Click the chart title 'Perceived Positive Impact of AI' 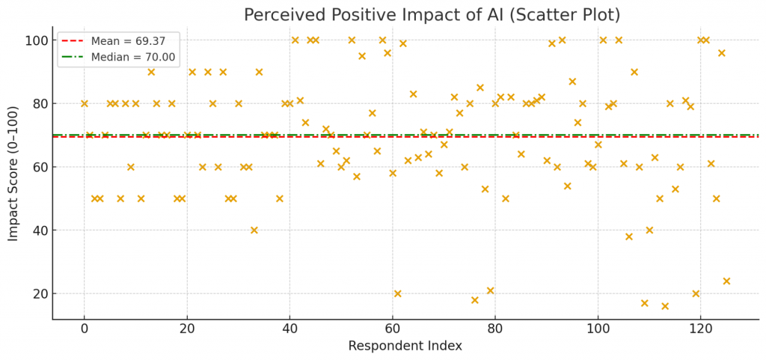click(432, 15)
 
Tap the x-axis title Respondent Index click(405, 346)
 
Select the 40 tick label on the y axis click(36, 231)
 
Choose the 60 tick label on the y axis click(36, 167)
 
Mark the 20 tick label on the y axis click(36, 293)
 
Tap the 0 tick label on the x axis click(85, 328)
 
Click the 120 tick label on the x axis click(700, 328)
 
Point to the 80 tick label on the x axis click(495, 328)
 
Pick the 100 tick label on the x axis click(598, 328)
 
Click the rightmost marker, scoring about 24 click(726, 281)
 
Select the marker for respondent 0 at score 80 click(85, 103)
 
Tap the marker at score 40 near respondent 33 click(254, 231)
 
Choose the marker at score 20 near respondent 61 click(397, 293)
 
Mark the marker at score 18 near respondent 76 click(474, 300)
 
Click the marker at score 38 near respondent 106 click(628, 237)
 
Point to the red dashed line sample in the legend click(73, 41)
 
